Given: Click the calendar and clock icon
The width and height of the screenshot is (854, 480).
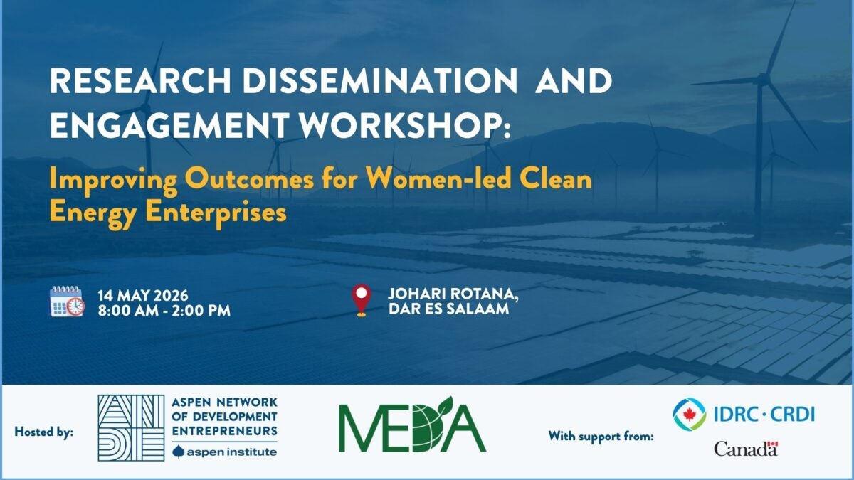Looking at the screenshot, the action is point(67,301).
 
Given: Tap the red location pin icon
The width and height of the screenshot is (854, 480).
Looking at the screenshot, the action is point(361,300).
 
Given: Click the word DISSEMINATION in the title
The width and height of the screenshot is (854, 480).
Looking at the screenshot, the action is point(380,81).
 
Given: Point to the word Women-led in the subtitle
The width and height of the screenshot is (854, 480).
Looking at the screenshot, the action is point(438,179).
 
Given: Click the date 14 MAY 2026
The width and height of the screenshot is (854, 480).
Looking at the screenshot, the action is point(143,296).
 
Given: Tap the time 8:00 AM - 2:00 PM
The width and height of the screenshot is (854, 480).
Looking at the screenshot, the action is point(164,311).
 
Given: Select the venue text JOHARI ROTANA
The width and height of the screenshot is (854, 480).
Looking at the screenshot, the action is point(453,294).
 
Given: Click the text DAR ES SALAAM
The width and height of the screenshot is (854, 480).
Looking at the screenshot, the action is point(449,309).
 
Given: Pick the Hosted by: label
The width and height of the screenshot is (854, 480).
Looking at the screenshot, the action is point(44,432).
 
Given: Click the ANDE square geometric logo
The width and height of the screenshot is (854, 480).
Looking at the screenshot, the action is point(131,428).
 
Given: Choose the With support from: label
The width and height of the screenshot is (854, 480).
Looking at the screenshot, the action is point(601,436).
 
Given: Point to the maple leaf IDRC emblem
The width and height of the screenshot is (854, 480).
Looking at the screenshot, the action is point(690,414).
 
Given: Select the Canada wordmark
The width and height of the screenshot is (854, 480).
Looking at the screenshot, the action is point(746,449).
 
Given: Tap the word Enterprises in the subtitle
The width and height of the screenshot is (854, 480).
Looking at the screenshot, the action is point(216,212).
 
